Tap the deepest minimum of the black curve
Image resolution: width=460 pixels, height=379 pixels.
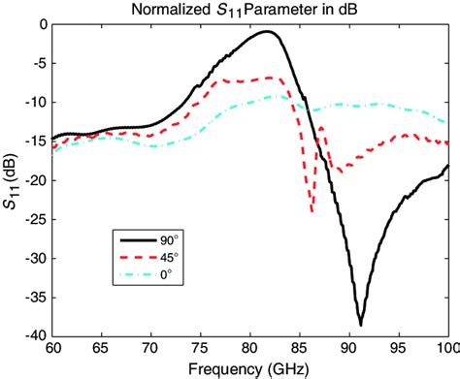pyautogui.click(x=360, y=325)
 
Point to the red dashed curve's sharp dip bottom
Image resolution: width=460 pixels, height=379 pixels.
pyautogui.click(x=312, y=211)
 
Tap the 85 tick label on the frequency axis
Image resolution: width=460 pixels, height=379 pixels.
pyautogui.click(x=300, y=348)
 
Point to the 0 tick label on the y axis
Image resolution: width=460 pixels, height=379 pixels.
pyautogui.click(x=42, y=25)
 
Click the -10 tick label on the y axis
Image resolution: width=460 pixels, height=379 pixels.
pyautogui.click(x=36, y=103)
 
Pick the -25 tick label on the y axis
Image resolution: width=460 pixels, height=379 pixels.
pyautogui.click(x=36, y=219)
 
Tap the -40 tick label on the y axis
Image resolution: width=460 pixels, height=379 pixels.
pyautogui.click(x=36, y=335)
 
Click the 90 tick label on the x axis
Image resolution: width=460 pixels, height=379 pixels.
pyautogui.click(x=349, y=348)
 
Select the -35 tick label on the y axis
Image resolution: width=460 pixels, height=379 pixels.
pyautogui.click(x=36, y=297)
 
